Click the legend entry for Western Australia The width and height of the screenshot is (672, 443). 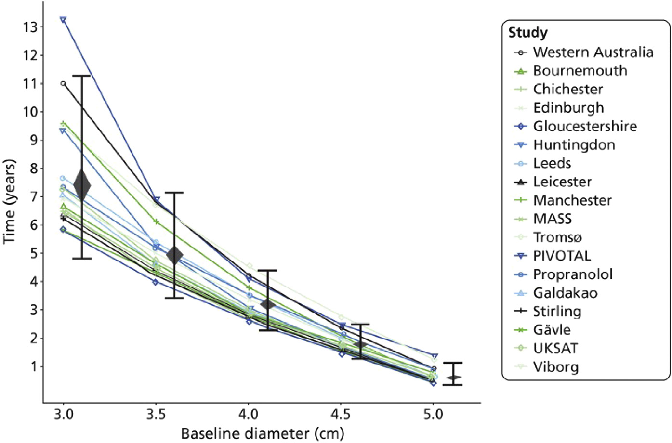593,52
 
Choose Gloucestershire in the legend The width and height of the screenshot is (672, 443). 585,126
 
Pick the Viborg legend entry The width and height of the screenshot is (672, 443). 555,367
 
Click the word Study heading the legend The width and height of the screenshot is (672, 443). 528,33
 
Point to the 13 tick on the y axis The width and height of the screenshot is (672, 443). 29,27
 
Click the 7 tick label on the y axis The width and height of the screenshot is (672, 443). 33,196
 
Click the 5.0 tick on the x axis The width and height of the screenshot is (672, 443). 433,415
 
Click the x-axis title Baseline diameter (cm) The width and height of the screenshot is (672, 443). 263,433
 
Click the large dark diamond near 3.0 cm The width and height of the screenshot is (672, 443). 82,185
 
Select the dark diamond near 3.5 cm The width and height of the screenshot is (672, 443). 174,255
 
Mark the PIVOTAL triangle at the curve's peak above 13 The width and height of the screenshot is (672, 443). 63,20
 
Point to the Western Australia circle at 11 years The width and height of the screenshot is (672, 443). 63,83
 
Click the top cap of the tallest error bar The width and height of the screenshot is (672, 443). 82,76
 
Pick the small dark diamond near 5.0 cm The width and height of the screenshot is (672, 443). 453,378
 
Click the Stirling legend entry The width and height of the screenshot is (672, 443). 557,311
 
